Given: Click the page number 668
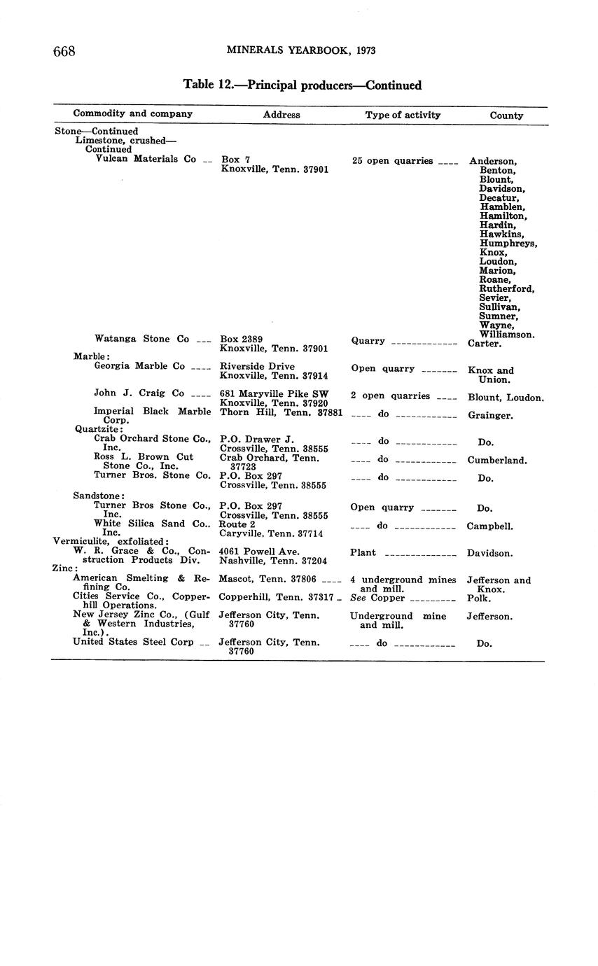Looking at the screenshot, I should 64,51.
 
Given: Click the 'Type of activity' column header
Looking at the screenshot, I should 403,115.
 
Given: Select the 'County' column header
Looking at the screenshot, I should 506,115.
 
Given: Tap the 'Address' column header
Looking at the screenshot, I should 281,115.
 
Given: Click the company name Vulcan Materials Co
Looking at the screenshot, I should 146,159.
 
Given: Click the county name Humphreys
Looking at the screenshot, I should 508,244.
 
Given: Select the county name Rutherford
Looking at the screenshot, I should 507,289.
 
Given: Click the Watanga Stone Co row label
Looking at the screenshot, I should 142,339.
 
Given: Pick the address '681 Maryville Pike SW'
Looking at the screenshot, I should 274,394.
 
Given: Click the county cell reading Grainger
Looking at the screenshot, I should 490,415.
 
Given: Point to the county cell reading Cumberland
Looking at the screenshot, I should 497,461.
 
